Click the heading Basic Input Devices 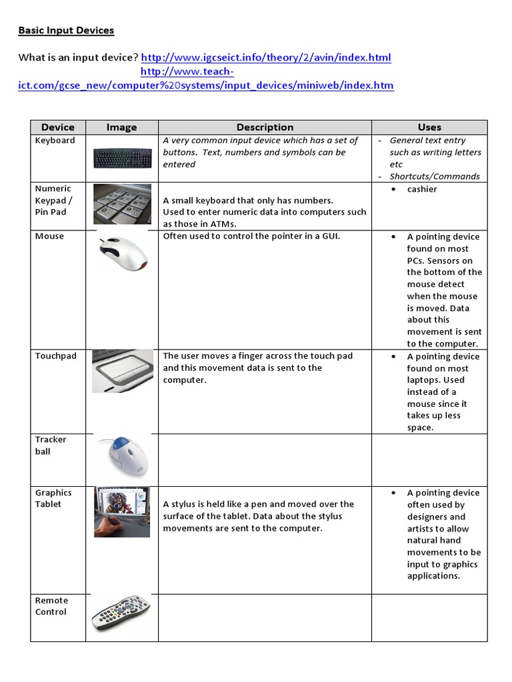pos(66,31)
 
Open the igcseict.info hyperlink pos(266,57)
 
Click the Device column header pos(58,127)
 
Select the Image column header pos(121,127)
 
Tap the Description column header pos(265,127)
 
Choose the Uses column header pos(429,127)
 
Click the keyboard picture pos(121,158)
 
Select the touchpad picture pos(121,370)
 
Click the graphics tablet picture pos(121,511)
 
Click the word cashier pos(422,189)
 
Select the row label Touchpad pos(55,356)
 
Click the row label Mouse pos(49,236)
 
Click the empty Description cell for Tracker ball pos(265,460)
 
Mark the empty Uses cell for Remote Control pos(429,618)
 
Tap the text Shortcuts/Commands pos(435,176)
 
